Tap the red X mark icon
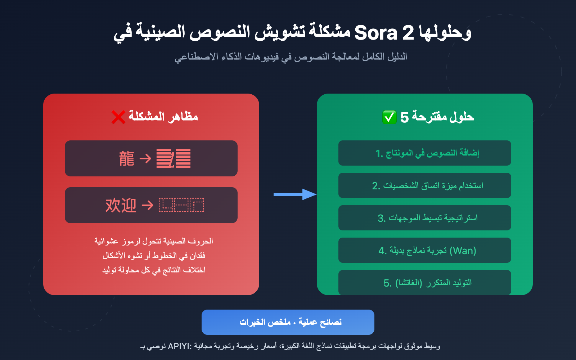[x=118, y=117]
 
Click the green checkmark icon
[x=389, y=117]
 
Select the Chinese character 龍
[x=127, y=159]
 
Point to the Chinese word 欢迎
[x=121, y=206]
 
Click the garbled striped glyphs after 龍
[x=173, y=159]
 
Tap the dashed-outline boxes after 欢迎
[x=181, y=205]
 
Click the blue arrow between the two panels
[x=294, y=194]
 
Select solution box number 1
[x=424, y=153]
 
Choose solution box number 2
[x=424, y=185]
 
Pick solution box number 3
[x=424, y=218]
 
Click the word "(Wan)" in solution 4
[x=463, y=251]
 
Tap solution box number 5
[x=424, y=282]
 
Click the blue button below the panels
[x=288, y=322]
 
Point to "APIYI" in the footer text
[x=179, y=346]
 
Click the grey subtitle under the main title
[x=291, y=57]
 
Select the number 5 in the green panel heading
[x=404, y=117]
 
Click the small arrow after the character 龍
[x=145, y=158]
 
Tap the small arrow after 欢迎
[x=147, y=205]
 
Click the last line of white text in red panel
[x=154, y=270]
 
